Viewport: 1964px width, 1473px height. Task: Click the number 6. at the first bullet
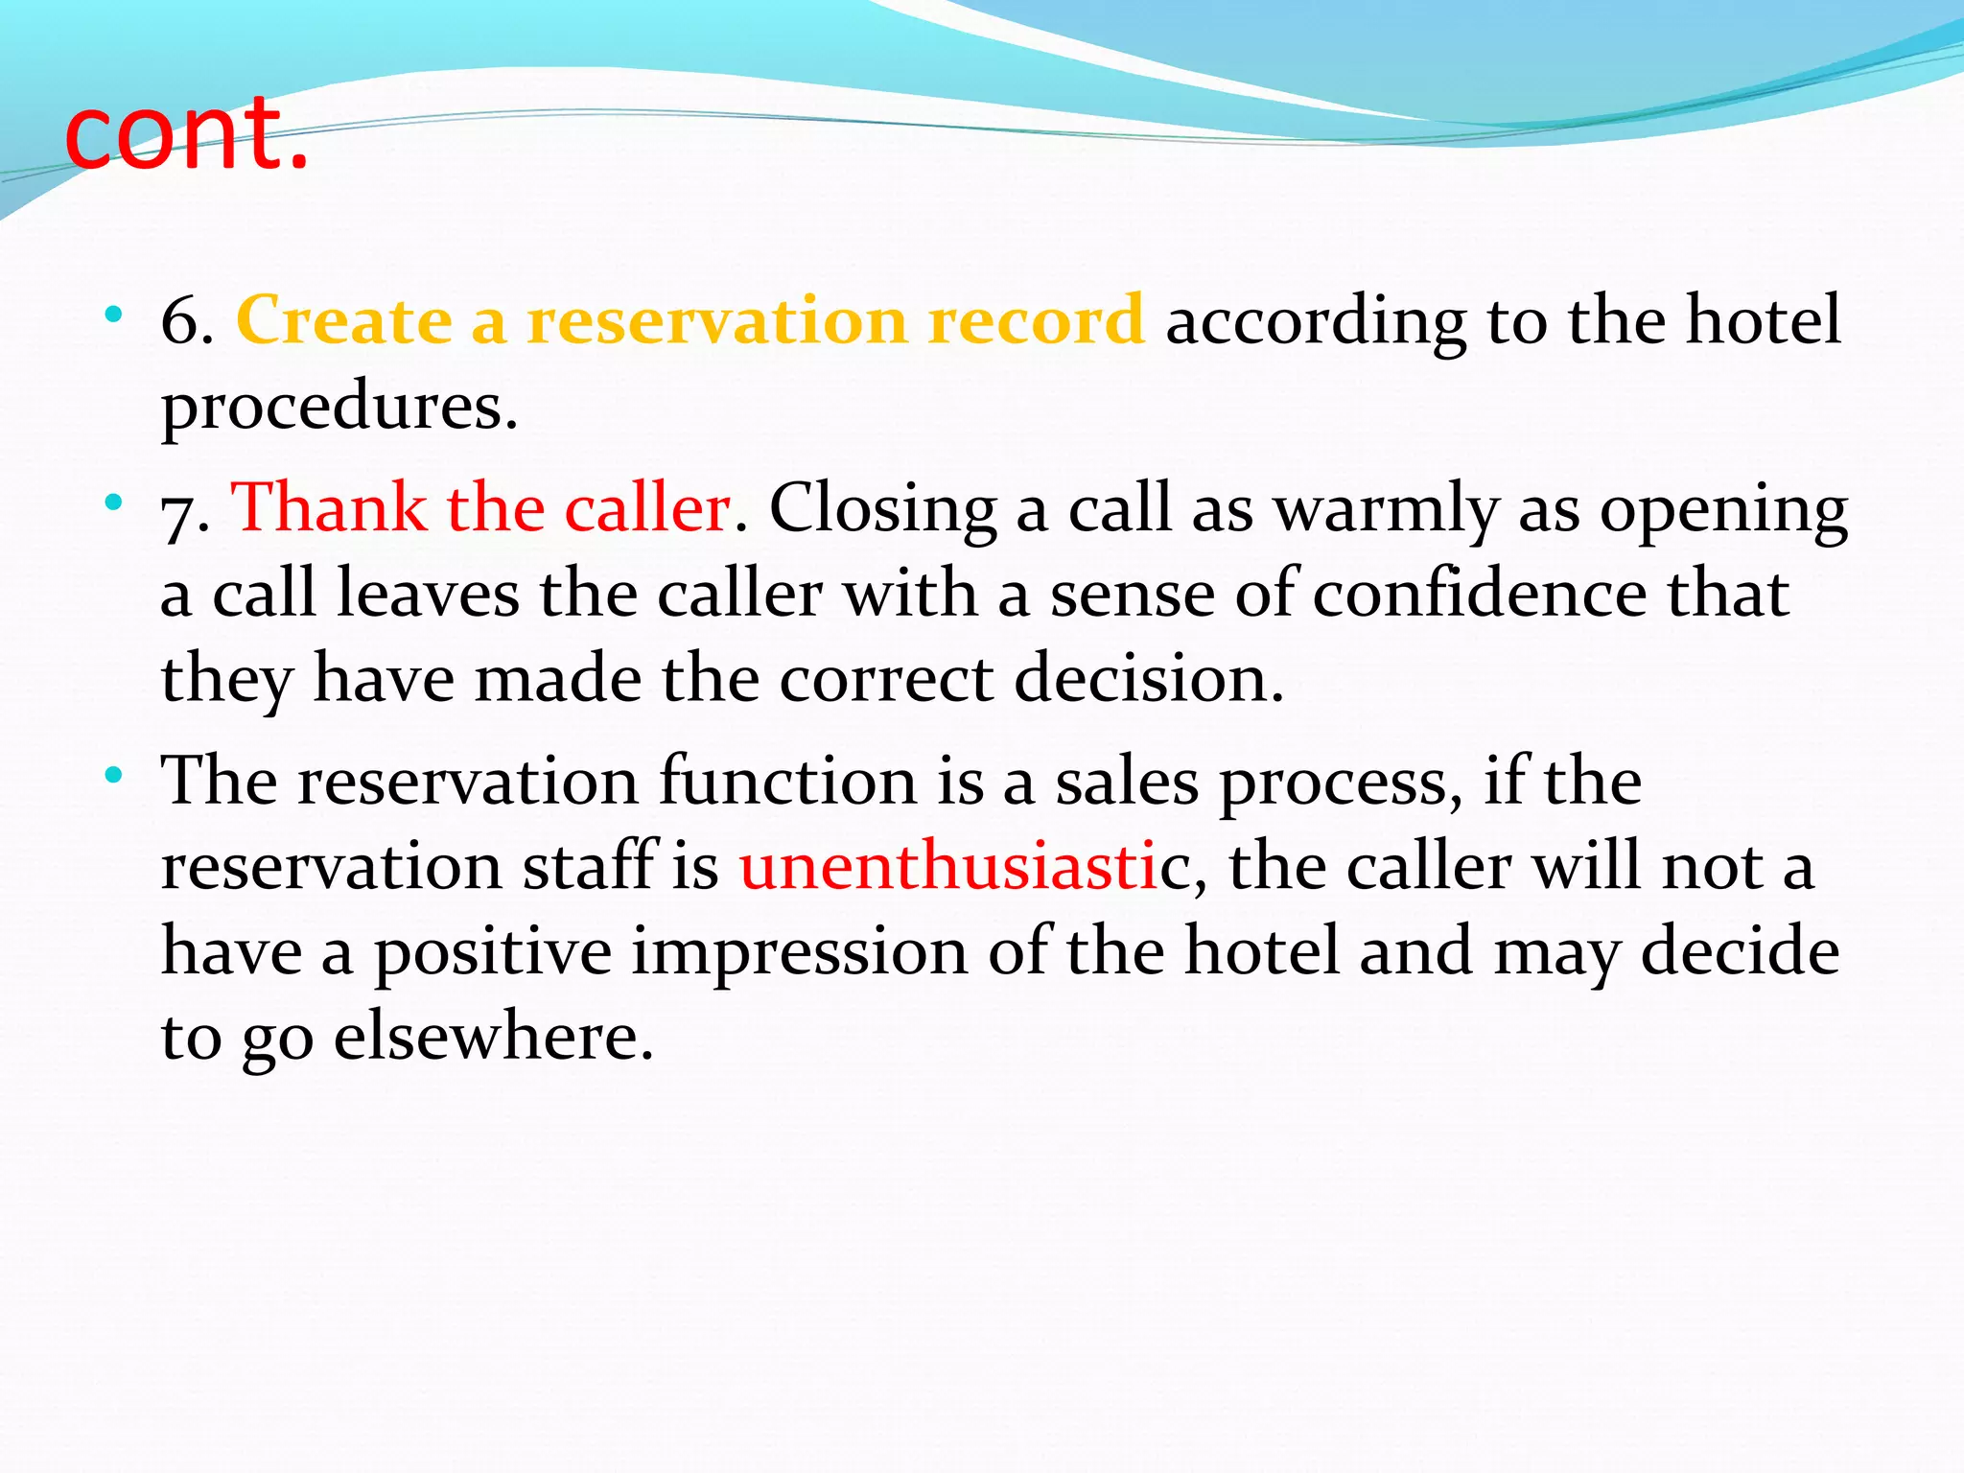187,320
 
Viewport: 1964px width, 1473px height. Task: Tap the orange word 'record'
1036,320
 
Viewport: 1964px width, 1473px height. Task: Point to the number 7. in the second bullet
185,508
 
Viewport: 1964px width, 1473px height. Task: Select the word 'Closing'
882,508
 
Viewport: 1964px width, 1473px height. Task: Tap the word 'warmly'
1386,508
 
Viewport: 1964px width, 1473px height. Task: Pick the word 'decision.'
1149,679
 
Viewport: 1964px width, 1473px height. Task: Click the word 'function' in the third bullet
787,781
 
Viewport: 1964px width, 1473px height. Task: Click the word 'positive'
493,951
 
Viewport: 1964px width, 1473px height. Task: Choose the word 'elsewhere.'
494,1037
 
